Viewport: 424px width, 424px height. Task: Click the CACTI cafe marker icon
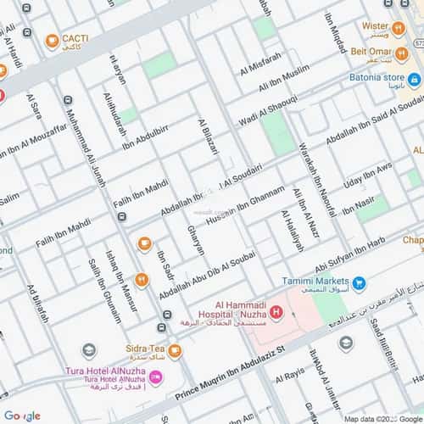point(52,39)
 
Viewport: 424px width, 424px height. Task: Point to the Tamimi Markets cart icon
point(359,282)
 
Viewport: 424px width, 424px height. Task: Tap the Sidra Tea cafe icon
point(174,350)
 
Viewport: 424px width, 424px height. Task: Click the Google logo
point(20,415)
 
